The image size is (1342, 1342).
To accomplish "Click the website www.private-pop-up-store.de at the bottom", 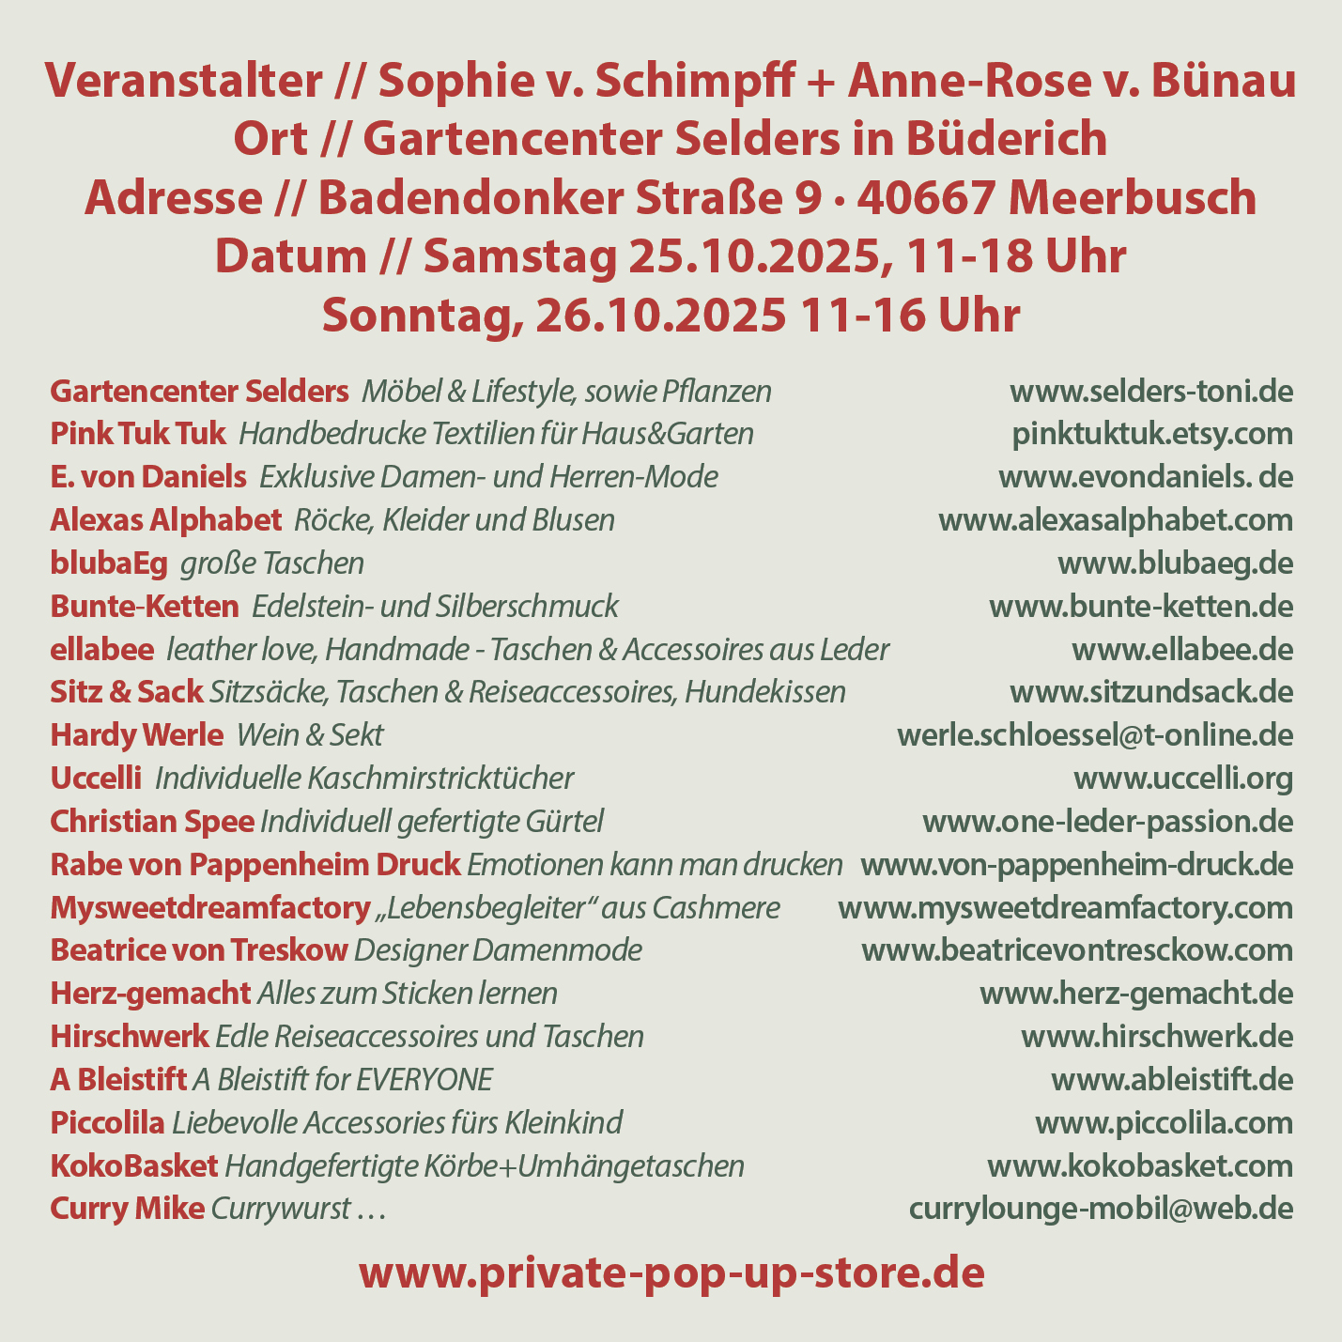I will (x=671, y=1274).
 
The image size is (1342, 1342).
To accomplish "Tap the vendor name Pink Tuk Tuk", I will (x=137, y=434).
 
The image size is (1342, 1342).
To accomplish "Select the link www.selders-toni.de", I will (x=1150, y=391).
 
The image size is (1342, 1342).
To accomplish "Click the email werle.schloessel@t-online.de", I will (x=1095, y=735).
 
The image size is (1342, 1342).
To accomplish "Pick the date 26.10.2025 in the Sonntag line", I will (x=661, y=316).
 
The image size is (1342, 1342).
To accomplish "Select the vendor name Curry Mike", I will (x=127, y=1209).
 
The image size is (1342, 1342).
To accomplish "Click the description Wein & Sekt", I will (x=311, y=735).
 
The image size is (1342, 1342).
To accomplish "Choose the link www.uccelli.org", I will (x=1183, y=779).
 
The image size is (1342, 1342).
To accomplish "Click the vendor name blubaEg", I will (x=109, y=563).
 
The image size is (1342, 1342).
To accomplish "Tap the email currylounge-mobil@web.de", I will (x=1101, y=1209).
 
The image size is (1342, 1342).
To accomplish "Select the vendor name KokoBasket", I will (x=133, y=1166).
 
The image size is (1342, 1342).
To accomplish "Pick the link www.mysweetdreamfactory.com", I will (x=1065, y=908).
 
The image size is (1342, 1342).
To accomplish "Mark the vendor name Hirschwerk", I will (x=130, y=1037).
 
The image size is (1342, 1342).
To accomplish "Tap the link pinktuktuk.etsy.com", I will (x=1152, y=434).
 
